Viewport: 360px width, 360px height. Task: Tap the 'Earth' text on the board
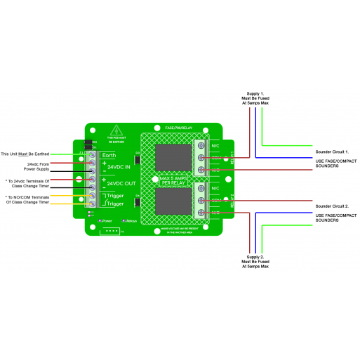pos(109,154)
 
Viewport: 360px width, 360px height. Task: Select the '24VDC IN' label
pos(120,168)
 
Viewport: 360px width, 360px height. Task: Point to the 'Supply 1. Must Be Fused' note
pos(255,99)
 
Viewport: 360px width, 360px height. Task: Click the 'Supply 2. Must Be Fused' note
pos(255,262)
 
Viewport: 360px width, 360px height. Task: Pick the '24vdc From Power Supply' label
pos(39,166)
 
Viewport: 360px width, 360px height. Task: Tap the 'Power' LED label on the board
pos(106,220)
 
